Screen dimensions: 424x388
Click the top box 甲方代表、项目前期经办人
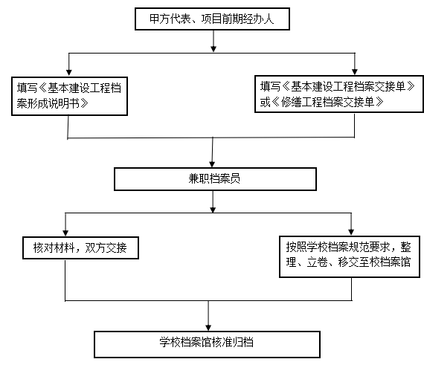coord(212,19)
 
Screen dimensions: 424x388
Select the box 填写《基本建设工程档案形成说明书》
coord(69,96)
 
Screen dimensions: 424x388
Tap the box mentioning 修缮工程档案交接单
coord(339,94)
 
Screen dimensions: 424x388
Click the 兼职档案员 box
coord(215,179)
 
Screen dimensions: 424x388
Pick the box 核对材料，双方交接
coord(80,248)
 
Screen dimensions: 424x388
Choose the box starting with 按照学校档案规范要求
coord(350,256)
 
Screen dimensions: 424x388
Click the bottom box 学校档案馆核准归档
coord(207,344)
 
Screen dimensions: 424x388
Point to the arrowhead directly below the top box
coord(213,48)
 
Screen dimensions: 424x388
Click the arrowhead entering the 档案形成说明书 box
coord(69,72)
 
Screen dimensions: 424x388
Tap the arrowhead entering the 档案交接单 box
coord(355,71)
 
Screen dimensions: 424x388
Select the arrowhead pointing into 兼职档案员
coord(212,164)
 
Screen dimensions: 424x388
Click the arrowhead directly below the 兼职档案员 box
coord(213,210)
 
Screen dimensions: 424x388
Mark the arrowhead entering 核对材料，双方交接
coord(65,233)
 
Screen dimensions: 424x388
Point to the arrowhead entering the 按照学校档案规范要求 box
coord(351,232)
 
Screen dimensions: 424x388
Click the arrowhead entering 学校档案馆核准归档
coord(208,327)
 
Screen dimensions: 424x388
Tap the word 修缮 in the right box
coord(291,102)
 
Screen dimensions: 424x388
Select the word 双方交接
coord(106,248)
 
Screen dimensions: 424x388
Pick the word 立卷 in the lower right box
coord(317,262)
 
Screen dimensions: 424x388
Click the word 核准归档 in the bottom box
coord(233,342)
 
